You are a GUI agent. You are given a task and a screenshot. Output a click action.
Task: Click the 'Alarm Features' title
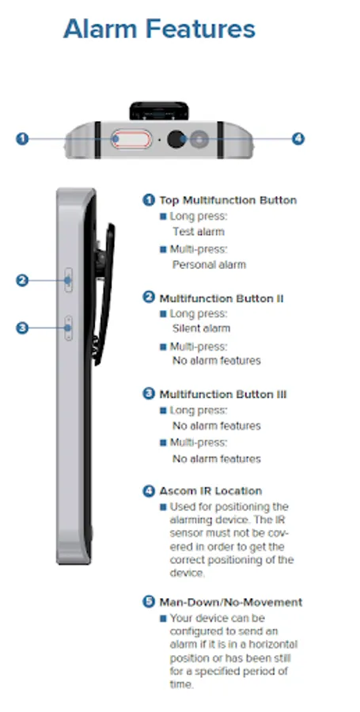click(x=159, y=29)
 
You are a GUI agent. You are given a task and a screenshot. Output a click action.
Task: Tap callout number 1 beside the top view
click(x=22, y=138)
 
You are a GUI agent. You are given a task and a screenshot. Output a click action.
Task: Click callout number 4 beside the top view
click(x=297, y=138)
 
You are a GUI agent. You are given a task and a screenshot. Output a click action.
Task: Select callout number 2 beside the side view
click(x=22, y=281)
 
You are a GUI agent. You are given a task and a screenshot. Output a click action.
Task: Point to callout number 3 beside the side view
click(x=22, y=328)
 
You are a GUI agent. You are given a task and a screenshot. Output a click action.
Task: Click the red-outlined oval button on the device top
click(x=131, y=139)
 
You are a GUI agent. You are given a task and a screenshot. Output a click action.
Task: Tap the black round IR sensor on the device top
click(x=176, y=139)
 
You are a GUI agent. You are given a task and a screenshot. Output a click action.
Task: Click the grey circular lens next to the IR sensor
click(x=199, y=139)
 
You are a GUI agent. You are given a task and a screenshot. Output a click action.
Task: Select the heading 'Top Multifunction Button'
click(x=228, y=200)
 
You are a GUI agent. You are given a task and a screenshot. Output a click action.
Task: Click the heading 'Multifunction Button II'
click(x=222, y=298)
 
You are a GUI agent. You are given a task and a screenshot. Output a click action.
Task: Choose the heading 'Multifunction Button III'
click(x=223, y=395)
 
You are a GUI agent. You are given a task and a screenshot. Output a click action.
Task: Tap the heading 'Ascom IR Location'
click(x=210, y=490)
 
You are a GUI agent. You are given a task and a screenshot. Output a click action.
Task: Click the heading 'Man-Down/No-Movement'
click(x=230, y=603)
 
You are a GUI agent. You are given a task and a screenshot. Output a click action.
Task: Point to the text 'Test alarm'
click(x=199, y=232)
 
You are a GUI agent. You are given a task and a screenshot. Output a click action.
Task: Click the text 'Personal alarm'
click(x=210, y=265)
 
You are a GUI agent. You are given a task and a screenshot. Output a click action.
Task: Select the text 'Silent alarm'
click(x=201, y=328)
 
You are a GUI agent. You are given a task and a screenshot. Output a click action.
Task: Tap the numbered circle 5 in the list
click(x=149, y=602)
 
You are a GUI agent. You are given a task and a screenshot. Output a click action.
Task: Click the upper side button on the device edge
click(x=69, y=280)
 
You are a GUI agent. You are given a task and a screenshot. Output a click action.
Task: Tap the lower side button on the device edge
click(x=69, y=328)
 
